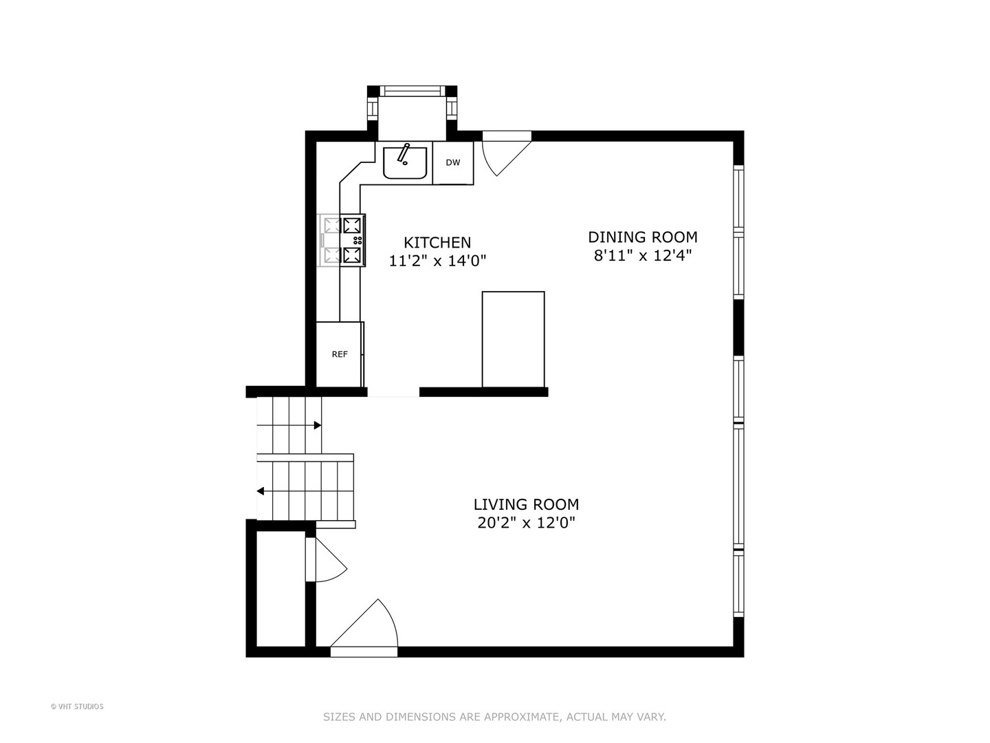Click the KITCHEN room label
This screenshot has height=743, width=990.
point(437,242)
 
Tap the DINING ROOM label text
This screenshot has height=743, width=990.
point(642,237)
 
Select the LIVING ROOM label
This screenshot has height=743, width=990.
point(526,504)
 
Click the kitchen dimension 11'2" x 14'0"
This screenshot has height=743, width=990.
point(437,261)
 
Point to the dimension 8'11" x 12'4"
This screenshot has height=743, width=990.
point(642,256)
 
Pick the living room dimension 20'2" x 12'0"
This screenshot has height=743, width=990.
point(526,523)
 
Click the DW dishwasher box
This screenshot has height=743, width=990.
point(452,163)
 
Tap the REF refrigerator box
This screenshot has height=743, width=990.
point(340,354)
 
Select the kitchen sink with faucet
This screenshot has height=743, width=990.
point(405,162)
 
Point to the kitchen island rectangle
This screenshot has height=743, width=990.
point(513,339)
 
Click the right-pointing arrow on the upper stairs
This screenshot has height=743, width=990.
point(318,425)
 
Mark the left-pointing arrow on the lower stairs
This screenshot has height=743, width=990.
point(261,491)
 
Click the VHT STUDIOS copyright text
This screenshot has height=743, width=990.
point(77,707)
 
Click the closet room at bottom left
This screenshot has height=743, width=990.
point(280,588)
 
